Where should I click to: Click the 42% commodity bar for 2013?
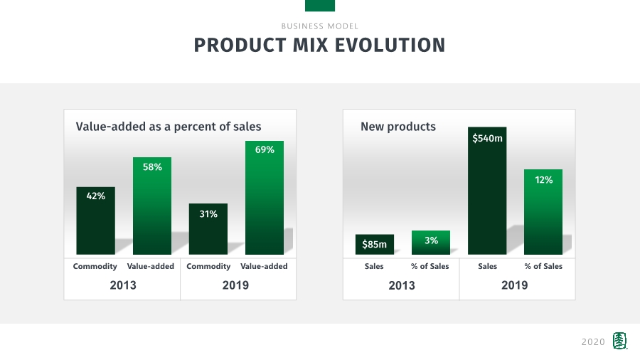[x=95, y=221]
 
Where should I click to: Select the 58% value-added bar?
[x=151, y=206]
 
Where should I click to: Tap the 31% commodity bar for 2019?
[x=208, y=229]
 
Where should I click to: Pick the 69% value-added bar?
[x=264, y=197]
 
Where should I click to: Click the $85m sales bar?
[x=374, y=244]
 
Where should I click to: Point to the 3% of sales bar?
[x=430, y=242]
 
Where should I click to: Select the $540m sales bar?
[x=487, y=190]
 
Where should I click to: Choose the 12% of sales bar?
[x=543, y=211]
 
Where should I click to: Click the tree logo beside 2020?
[x=620, y=341]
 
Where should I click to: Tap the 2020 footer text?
[x=593, y=342]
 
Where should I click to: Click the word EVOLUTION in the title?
[x=390, y=45]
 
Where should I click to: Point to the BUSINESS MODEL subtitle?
[x=320, y=26]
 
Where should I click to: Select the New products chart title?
[x=398, y=127]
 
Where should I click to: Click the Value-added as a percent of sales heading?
[x=169, y=127]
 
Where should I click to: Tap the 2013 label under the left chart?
[x=122, y=285]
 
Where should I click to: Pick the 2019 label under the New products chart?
[x=515, y=285]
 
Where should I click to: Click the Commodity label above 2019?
[x=208, y=266]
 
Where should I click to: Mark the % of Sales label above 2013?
[x=430, y=266]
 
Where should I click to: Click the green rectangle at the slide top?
[x=320, y=6]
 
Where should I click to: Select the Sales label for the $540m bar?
[x=487, y=266]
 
